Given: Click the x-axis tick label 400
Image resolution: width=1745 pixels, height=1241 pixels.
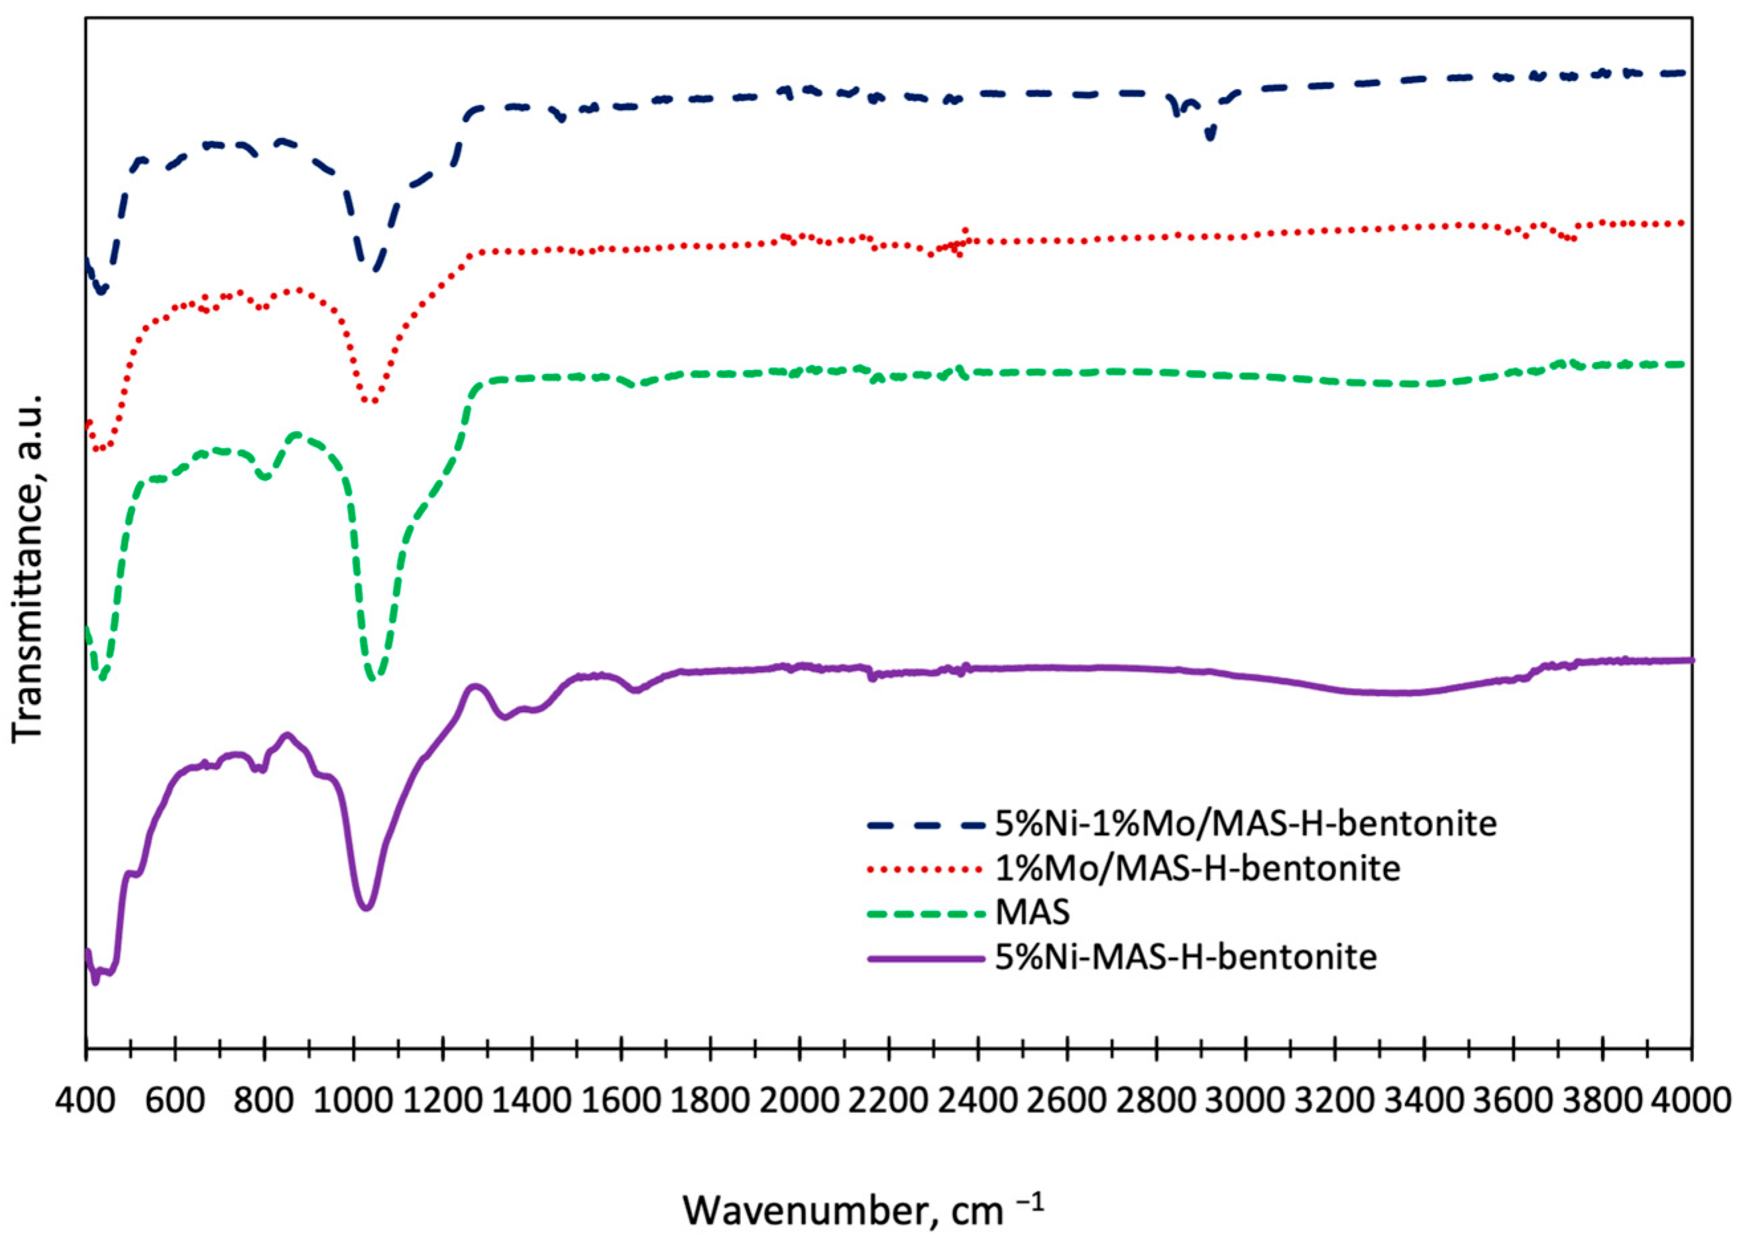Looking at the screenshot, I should [85, 1101].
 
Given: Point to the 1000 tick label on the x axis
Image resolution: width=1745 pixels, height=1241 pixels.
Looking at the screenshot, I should [353, 1101].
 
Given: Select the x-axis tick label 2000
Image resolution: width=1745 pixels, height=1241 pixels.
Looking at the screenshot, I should [799, 1101].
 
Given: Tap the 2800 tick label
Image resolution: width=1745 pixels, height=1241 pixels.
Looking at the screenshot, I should [1156, 1101].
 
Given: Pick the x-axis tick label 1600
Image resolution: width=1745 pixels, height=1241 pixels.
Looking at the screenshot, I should [621, 1101].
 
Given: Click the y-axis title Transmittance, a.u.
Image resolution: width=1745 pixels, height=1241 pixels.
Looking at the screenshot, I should [28, 569].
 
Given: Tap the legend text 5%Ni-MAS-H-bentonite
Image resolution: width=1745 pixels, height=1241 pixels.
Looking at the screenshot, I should [1186, 957].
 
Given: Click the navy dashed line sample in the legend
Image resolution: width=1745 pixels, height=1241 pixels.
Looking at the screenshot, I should [925, 825].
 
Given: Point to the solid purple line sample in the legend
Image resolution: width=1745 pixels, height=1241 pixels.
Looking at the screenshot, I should [925, 957].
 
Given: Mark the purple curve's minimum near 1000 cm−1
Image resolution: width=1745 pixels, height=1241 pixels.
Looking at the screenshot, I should [366, 908].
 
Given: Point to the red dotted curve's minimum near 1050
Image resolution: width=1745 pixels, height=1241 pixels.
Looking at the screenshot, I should [370, 401].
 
